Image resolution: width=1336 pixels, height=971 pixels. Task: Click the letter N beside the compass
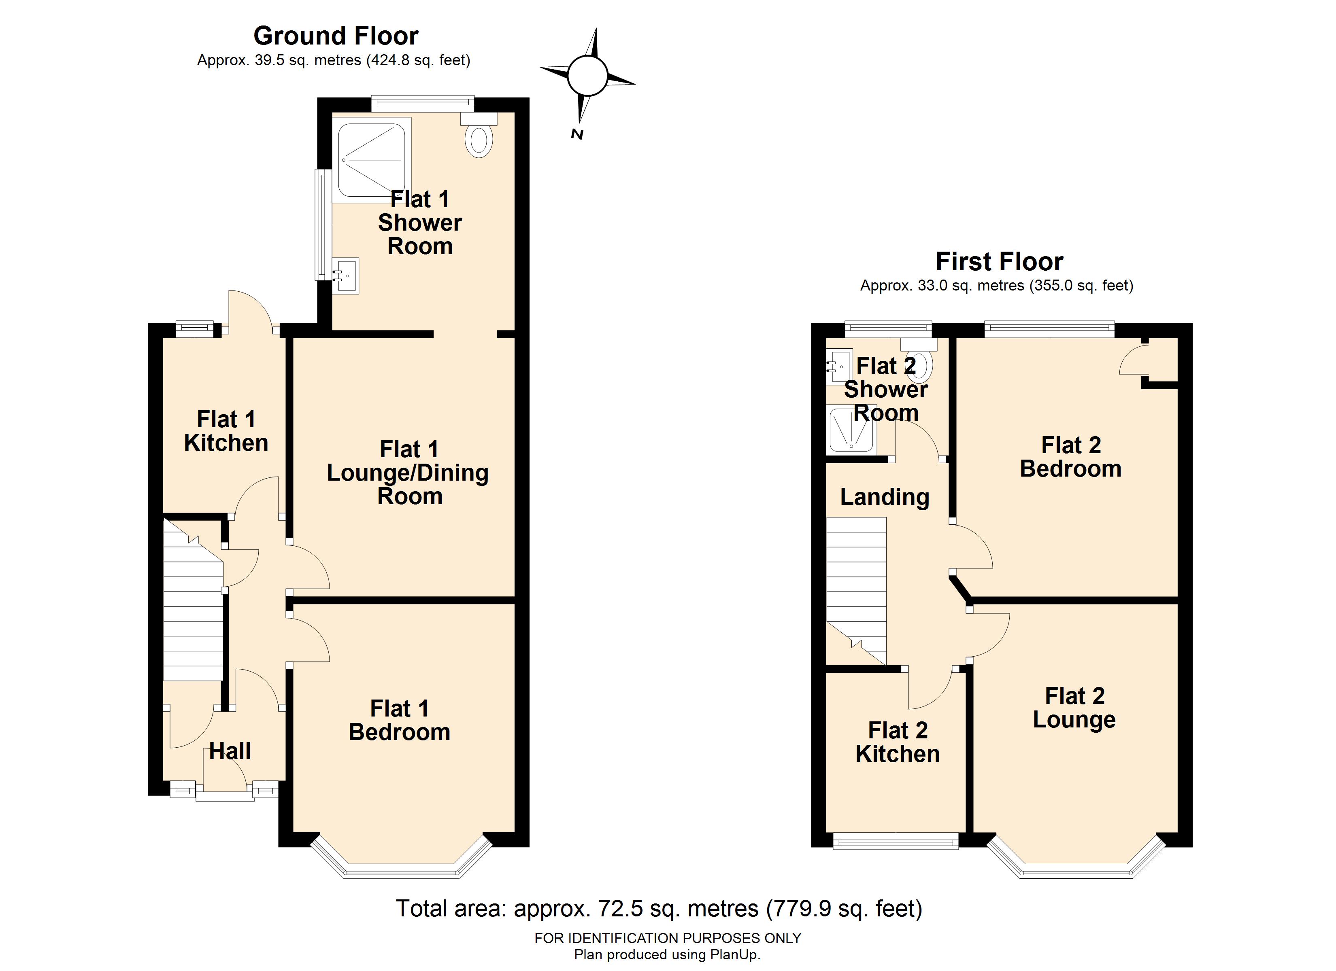(577, 134)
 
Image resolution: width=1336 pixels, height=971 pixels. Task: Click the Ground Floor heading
(336, 36)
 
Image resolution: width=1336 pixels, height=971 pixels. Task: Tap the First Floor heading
(999, 261)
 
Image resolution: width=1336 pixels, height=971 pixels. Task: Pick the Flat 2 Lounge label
(1074, 708)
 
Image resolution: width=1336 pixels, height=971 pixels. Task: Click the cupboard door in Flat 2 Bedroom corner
(1133, 360)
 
